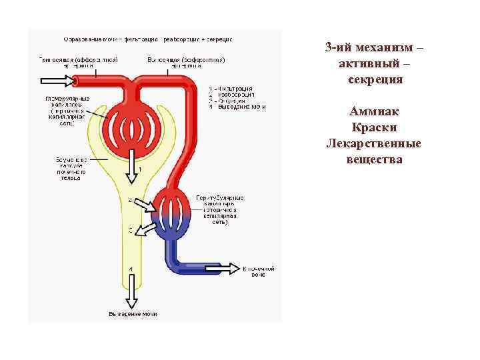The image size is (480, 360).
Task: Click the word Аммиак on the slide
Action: pos(374,111)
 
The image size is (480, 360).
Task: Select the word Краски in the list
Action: pos(374,127)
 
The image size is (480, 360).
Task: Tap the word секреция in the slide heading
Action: pos(374,79)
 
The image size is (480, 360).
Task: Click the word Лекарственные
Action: pos(374,143)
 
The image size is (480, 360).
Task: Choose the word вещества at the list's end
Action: pos(374,159)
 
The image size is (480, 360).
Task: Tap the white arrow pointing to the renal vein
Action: pos(223,268)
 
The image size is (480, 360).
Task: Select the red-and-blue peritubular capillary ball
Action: pos(173,212)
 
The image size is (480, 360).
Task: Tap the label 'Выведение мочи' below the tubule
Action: pos(133,314)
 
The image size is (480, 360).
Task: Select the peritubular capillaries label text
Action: pos(220,210)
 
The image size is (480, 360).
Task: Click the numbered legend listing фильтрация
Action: pos(237,97)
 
